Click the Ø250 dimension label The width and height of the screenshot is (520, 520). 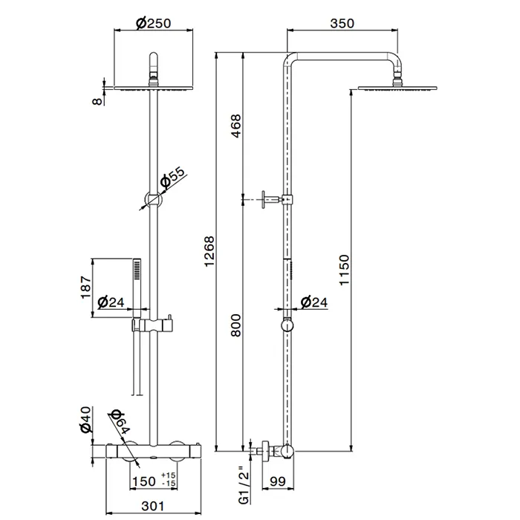pos(154,23)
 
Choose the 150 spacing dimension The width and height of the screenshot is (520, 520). pos(143,481)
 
